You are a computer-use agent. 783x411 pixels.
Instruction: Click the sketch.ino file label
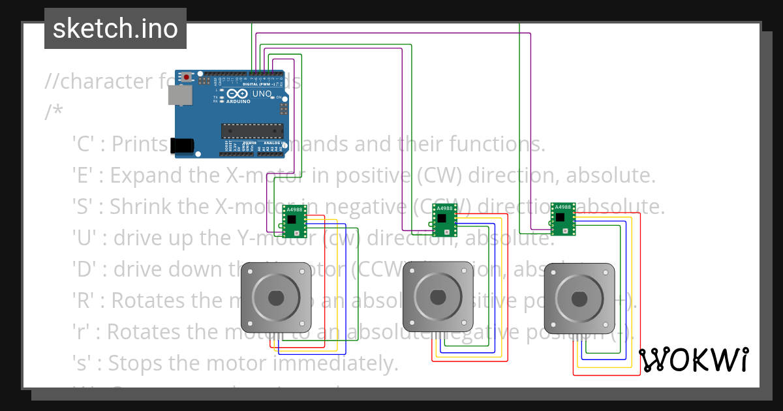pyautogui.click(x=115, y=29)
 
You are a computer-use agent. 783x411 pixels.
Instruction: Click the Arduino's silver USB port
pyautogui.click(x=180, y=95)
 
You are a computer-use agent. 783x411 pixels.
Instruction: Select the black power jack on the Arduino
pyautogui.click(x=182, y=145)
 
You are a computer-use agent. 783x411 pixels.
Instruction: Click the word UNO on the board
pyautogui.click(x=262, y=94)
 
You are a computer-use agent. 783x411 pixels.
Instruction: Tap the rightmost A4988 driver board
pyautogui.click(x=562, y=219)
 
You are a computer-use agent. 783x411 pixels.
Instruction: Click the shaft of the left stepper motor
pyautogui.click(x=275, y=297)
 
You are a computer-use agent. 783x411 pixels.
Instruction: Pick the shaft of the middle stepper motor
pyautogui.click(x=437, y=297)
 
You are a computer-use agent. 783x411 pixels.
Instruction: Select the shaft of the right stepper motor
pyautogui.click(x=579, y=297)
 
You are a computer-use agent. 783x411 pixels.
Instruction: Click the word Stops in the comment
pyautogui.click(x=134, y=363)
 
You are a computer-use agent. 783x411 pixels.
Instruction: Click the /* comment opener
pyautogui.click(x=54, y=112)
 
